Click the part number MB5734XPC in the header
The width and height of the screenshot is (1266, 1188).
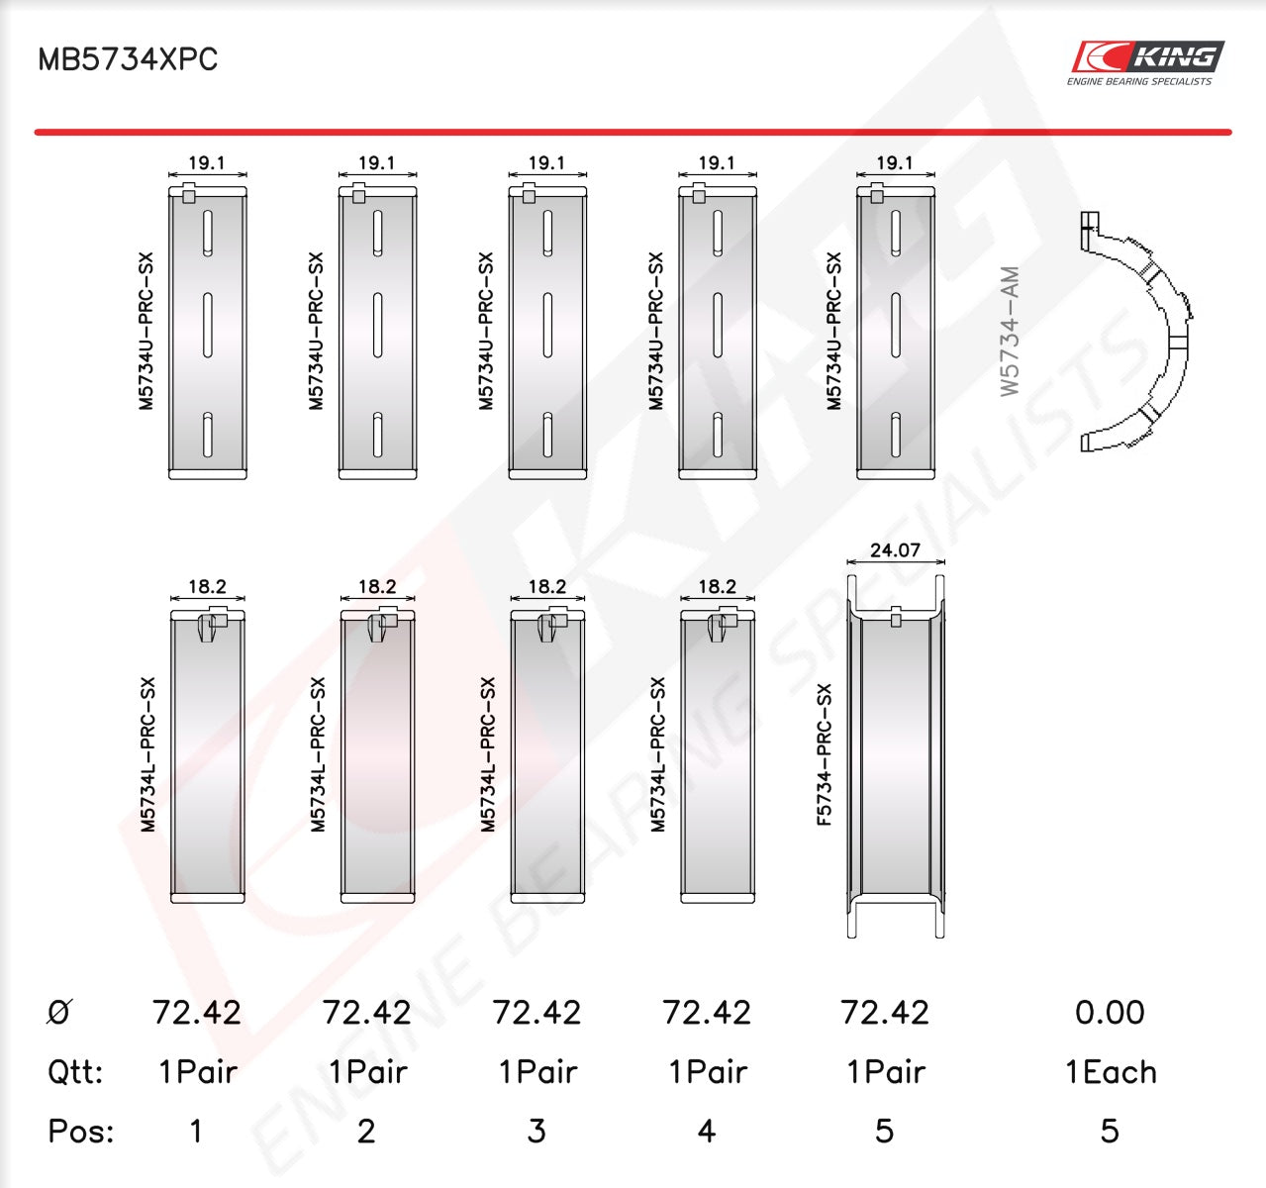pos(128,59)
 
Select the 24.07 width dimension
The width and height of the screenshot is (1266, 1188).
pos(895,549)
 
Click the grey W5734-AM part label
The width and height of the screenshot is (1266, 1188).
pos(1010,331)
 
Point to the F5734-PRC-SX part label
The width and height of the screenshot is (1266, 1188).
pos(825,754)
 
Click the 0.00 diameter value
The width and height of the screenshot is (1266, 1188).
pos(1110,1013)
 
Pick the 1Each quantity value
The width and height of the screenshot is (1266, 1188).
pos(1111,1072)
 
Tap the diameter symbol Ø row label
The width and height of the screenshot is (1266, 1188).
pos(59,1012)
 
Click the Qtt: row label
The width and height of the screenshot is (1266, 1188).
pos(75,1072)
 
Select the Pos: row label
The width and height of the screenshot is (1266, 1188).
pos(81,1132)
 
